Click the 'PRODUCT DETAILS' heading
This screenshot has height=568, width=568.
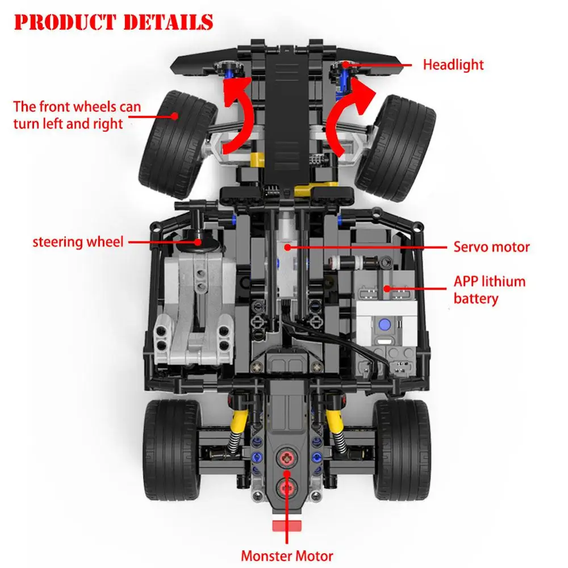114,23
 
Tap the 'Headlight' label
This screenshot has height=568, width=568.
453,65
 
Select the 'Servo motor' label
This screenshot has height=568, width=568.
491,247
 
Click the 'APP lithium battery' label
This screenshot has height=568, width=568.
489,290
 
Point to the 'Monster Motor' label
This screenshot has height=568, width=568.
287,556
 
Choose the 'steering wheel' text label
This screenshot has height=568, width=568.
78,242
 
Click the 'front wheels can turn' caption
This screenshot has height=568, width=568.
77,115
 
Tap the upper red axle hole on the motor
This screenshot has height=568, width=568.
286,457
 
